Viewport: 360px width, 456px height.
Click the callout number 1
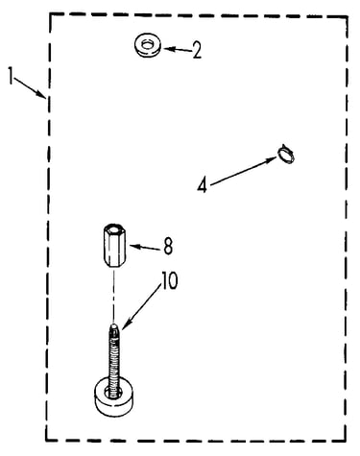coord(12,76)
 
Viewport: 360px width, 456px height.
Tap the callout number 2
coord(197,50)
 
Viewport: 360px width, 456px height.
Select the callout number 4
coord(203,185)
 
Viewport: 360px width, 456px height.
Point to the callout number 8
coord(168,246)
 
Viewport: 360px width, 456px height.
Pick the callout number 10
coord(170,281)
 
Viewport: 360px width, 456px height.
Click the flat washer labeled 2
coord(147,46)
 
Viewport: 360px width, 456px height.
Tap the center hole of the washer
coord(147,44)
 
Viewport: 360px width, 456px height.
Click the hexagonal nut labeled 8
coord(114,247)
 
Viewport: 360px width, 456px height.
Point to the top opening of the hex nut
coord(114,229)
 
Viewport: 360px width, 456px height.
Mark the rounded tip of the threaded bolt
coord(114,327)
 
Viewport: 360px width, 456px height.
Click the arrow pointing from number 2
coord(178,50)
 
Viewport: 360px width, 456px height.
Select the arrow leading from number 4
coord(243,171)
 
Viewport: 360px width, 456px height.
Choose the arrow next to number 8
coord(144,248)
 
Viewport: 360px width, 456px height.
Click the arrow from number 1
coord(30,87)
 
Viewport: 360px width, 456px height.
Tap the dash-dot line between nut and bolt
coord(114,296)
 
